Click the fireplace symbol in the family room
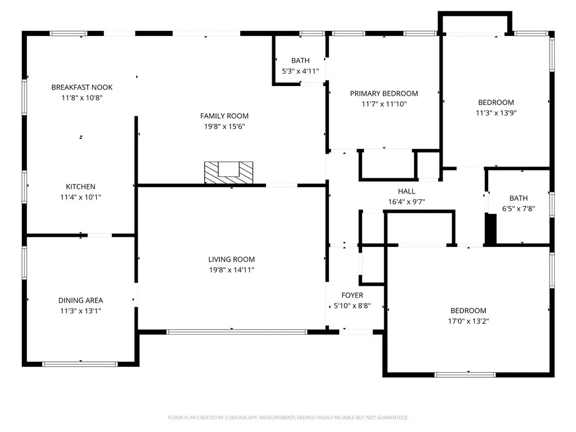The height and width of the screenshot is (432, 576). click(x=228, y=173)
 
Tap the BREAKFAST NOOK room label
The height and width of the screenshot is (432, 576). click(x=82, y=87)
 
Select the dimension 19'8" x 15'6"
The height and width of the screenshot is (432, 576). click(x=224, y=127)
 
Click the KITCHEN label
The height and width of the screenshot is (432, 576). click(x=80, y=187)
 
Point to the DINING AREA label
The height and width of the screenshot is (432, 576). click(x=80, y=300)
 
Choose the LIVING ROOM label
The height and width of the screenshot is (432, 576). click(x=231, y=259)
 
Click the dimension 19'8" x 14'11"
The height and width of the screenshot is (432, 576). click(x=231, y=269)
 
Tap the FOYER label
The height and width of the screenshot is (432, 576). click(x=352, y=295)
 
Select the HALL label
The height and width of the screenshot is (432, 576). click(x=407, y=191)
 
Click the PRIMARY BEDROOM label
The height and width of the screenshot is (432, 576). click(x=384, y=94)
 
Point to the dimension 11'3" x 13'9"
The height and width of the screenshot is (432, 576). click(x=496, y=112)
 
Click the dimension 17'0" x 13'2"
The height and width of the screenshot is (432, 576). click(x=469, y=321)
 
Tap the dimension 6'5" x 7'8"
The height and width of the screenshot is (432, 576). click(x=518, y=209)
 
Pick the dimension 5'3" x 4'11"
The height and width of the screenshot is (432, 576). click(x=300, y=71)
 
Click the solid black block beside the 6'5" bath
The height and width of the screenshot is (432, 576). click(x=490, y=228)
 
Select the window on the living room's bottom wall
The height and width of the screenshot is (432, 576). click(x=237, y=332)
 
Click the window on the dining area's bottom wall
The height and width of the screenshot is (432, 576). click(x=80, y=364)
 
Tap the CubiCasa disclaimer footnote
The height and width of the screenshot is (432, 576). click(x=288, y=418)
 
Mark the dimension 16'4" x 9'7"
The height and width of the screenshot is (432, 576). click(x=407, y=202)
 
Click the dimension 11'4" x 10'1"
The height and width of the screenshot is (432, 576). click(x=80, y=197)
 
